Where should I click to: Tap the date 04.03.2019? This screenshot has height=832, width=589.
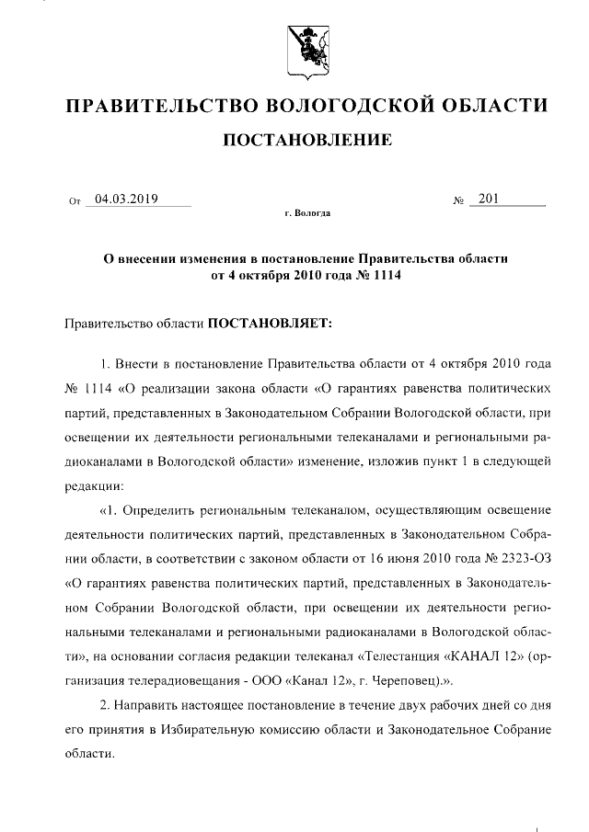127,199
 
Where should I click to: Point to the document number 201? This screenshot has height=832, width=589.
489,199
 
